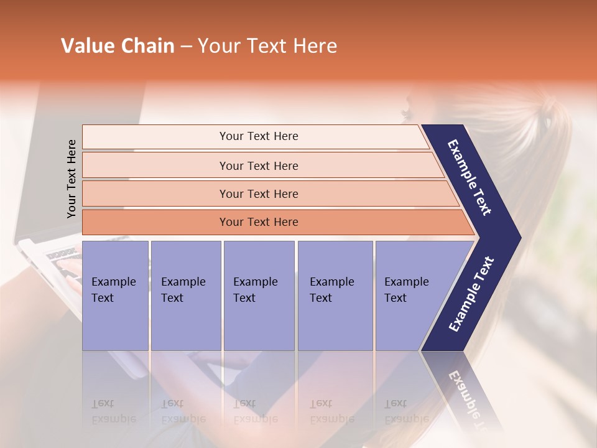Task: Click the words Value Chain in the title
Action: (118, 46)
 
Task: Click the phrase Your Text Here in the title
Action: (267, 46)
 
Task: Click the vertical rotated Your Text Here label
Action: (72, 179)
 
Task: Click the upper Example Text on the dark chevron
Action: (470, 177)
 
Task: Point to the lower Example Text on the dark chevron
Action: (471, 294)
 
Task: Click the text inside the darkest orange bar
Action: (259, 222)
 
